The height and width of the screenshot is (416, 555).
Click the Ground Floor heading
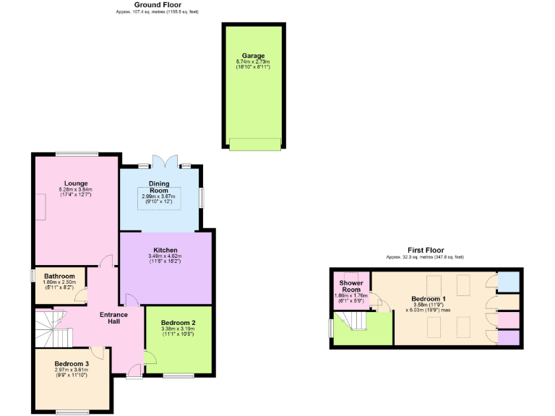tap(157, 4)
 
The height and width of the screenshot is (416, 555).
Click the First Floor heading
tap(425, 249)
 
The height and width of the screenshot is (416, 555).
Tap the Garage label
tap(253, 56)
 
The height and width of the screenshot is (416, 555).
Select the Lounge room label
tap(75, 183)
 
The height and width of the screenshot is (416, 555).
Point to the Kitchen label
tap(165, 250)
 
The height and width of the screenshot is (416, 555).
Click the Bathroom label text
tap(59, 276)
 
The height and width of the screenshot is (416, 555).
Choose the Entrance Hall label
tap(113, 318)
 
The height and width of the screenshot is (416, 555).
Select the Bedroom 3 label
tap(72, 363)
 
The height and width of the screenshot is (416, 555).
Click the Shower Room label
tap(351, 286)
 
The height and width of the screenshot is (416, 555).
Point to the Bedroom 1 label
tap(429, 298)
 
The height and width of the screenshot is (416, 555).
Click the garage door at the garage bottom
tap(254, 144)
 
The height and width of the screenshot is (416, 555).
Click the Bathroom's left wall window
tap(33, 277)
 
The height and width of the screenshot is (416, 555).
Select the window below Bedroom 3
tap(72, 412)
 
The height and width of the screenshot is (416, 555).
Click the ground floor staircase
tap(53, 328)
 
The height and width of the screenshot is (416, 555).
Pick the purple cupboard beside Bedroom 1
tap(509, 337)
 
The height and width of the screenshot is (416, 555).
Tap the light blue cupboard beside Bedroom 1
tap(509, 281)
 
